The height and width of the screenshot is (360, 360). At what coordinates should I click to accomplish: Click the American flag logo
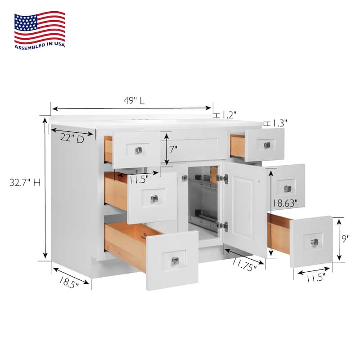[x=40, y=27]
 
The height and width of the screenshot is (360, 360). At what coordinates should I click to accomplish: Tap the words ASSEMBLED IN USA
[x=40, y=45]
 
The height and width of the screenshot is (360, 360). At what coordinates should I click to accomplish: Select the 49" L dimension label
[x=134, y=100]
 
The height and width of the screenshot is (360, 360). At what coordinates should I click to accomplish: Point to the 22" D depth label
[x=72, y=139]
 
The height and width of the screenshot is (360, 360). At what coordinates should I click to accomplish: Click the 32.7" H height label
[x=25, y=183]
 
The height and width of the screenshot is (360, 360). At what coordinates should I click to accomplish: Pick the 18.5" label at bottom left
[x=69, y=282]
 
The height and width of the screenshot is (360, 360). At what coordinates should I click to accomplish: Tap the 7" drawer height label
[x=173, y=150]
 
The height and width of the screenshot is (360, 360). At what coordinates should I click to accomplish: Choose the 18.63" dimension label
[x=285, y=203]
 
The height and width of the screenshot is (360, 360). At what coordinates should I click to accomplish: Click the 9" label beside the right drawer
[x=346, y=238]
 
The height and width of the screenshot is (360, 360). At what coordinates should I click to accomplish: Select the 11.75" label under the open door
[x=244, y=265]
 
